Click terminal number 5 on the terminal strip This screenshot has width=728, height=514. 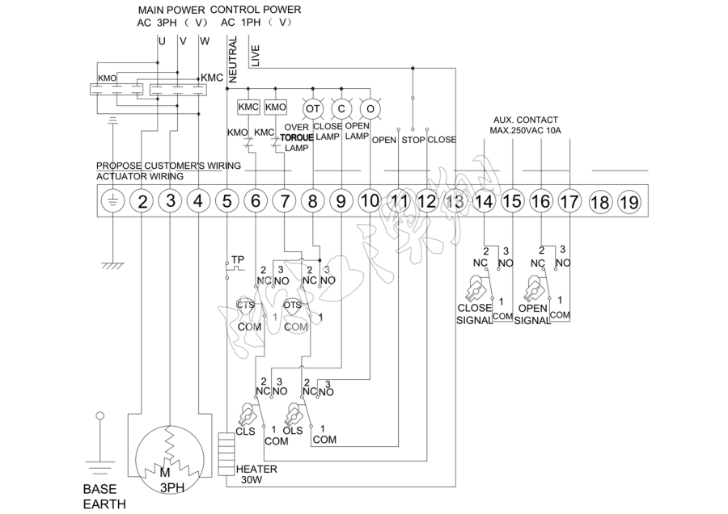coord(226,201)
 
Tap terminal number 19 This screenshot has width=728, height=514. coord(628,201)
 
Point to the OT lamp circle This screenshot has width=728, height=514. coord(312,107)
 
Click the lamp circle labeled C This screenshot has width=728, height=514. coord(341,107)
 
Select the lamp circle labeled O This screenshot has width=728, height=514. coord(370,107)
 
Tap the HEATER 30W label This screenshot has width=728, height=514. coord(256,474)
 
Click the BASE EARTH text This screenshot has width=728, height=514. coord(104,497)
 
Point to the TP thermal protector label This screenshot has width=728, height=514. coord(238,260)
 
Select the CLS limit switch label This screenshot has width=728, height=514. coord(246,431)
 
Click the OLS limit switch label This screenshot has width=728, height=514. coord(292,431)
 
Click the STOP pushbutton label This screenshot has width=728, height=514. coord(413,139)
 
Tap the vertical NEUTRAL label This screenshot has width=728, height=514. coord(233,60)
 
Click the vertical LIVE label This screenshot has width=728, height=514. coord(256,55)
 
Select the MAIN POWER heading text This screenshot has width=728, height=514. coord(171,9)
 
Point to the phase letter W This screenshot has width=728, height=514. coord(203,40)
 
